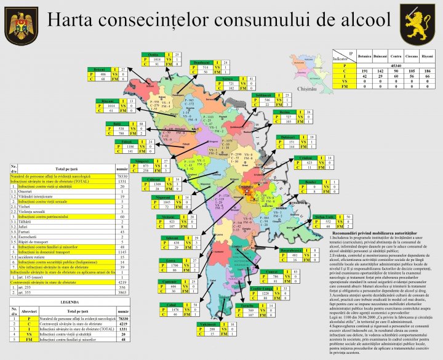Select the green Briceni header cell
(100, 69)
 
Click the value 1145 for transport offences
(121, 252)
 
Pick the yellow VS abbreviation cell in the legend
(30, 333)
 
